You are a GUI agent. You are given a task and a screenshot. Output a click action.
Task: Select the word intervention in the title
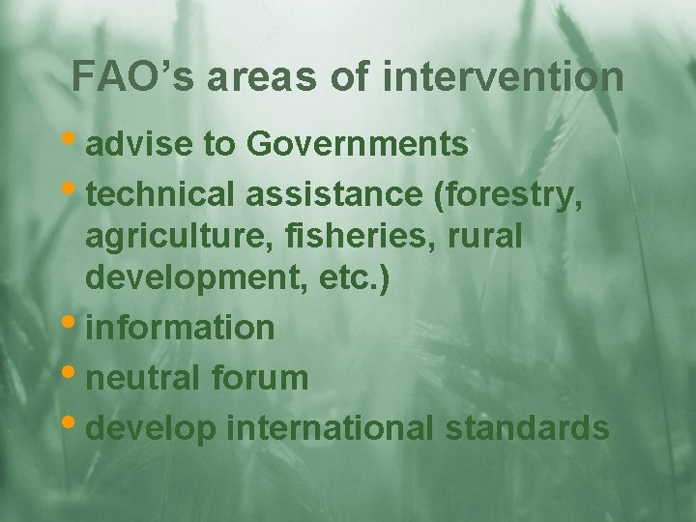coord(503,77)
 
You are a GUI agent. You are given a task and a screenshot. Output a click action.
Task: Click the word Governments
coord(358,145)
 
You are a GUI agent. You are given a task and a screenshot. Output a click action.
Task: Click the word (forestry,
coord(508,195)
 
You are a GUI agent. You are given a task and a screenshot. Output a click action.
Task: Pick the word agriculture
coord(171,238)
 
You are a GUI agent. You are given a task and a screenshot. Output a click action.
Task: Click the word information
coord(181,328)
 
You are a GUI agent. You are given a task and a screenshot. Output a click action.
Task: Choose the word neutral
coord(144,378)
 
